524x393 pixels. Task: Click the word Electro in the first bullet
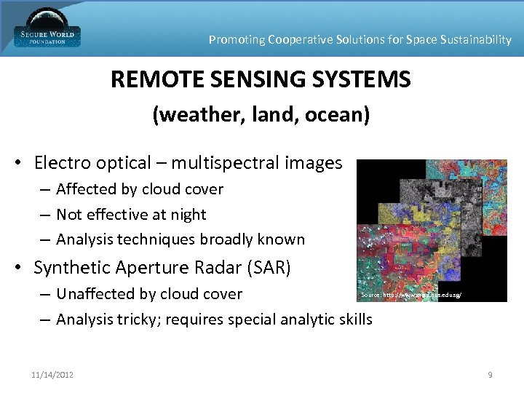click(62, 163)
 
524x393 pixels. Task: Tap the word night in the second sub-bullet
click(189, 215)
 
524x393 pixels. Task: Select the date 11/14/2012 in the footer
click(52, 375)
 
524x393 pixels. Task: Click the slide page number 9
click(490, 375)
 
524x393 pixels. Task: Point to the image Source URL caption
click(410, 295)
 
